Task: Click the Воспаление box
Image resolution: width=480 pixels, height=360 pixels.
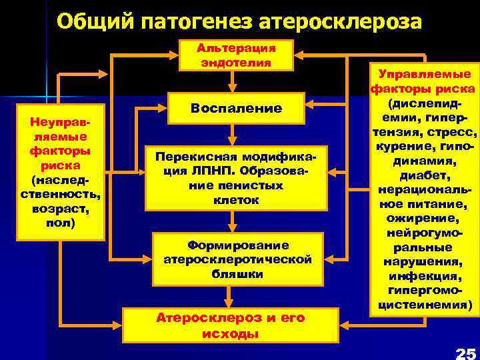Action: pyautogui.click(x=236, y=108)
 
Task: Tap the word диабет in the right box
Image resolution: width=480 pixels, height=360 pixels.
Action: pyautogui.click(x=423, y=175)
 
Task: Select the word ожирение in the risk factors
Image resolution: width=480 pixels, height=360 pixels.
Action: pyautogui.click(x=423, y=219)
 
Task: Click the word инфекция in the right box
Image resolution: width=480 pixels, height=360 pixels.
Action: pyautogui.click(x=424, y=276)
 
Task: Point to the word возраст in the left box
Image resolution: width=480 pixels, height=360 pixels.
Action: pyautogui.click(x=61, y=207)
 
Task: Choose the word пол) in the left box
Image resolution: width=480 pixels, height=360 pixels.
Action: pyautogui.click(x=60, y=221)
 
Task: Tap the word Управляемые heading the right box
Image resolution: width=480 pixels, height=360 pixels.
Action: pyautogui.click(x=424, y=74)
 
